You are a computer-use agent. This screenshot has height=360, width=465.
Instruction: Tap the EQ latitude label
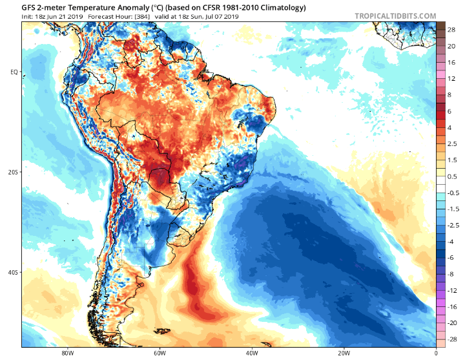(13, 72)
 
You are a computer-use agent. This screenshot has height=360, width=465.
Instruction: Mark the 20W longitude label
(344, 353)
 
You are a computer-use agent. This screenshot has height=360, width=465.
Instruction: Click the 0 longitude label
(436, 353)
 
